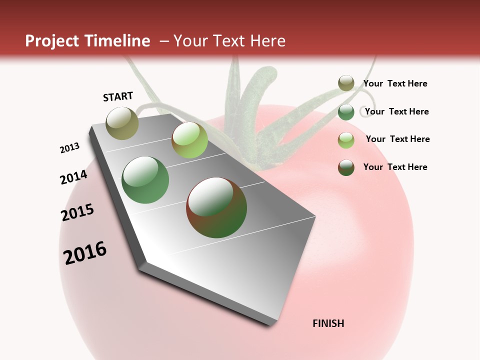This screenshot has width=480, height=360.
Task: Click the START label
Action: pos(118,96)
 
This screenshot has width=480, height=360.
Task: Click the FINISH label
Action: pos(328,323)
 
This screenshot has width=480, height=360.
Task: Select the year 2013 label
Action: pos(69,148)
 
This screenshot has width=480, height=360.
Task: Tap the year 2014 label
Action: pos(73,177)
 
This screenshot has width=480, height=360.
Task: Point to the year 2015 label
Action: pos(77,212)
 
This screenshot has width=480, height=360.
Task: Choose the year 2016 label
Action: pos(85,253)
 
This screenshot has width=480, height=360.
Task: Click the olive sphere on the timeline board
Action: pos(122,123)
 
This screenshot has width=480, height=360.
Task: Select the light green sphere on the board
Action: pos(189,139)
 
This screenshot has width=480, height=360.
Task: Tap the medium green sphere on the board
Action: pos(145,179)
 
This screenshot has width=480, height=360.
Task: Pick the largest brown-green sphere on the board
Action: pos(216,207)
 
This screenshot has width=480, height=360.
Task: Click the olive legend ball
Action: pos(346,83)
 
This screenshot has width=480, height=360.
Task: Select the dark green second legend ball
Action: pos(346,112)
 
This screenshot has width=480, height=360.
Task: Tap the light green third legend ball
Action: pos(346,140)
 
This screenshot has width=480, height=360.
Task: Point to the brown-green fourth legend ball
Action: pos(346,167)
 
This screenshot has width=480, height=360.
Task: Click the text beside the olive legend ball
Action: pos(395,84)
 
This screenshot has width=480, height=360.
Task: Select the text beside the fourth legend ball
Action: pos(395,167)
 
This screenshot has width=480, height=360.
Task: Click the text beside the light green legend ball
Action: pos(397,139)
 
